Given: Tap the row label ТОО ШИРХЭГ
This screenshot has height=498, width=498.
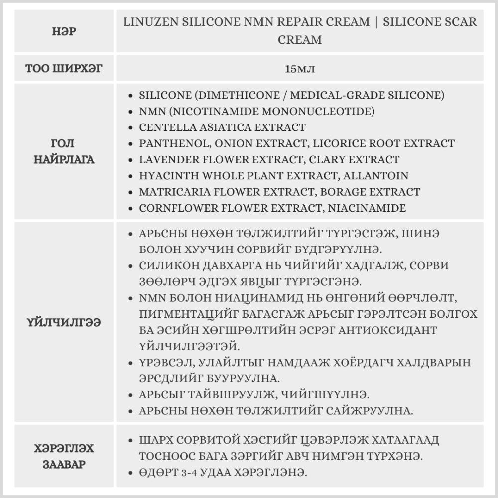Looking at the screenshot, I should (x=64, y=68).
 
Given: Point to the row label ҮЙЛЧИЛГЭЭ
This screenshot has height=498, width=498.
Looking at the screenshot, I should (x=64, y=323).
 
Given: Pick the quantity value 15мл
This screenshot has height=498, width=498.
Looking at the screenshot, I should (x=299, y=68).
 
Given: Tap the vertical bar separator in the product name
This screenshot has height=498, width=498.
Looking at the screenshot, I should (x=377, y=22).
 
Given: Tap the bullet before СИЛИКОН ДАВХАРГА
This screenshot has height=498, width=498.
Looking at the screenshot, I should (x=130, y=266).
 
